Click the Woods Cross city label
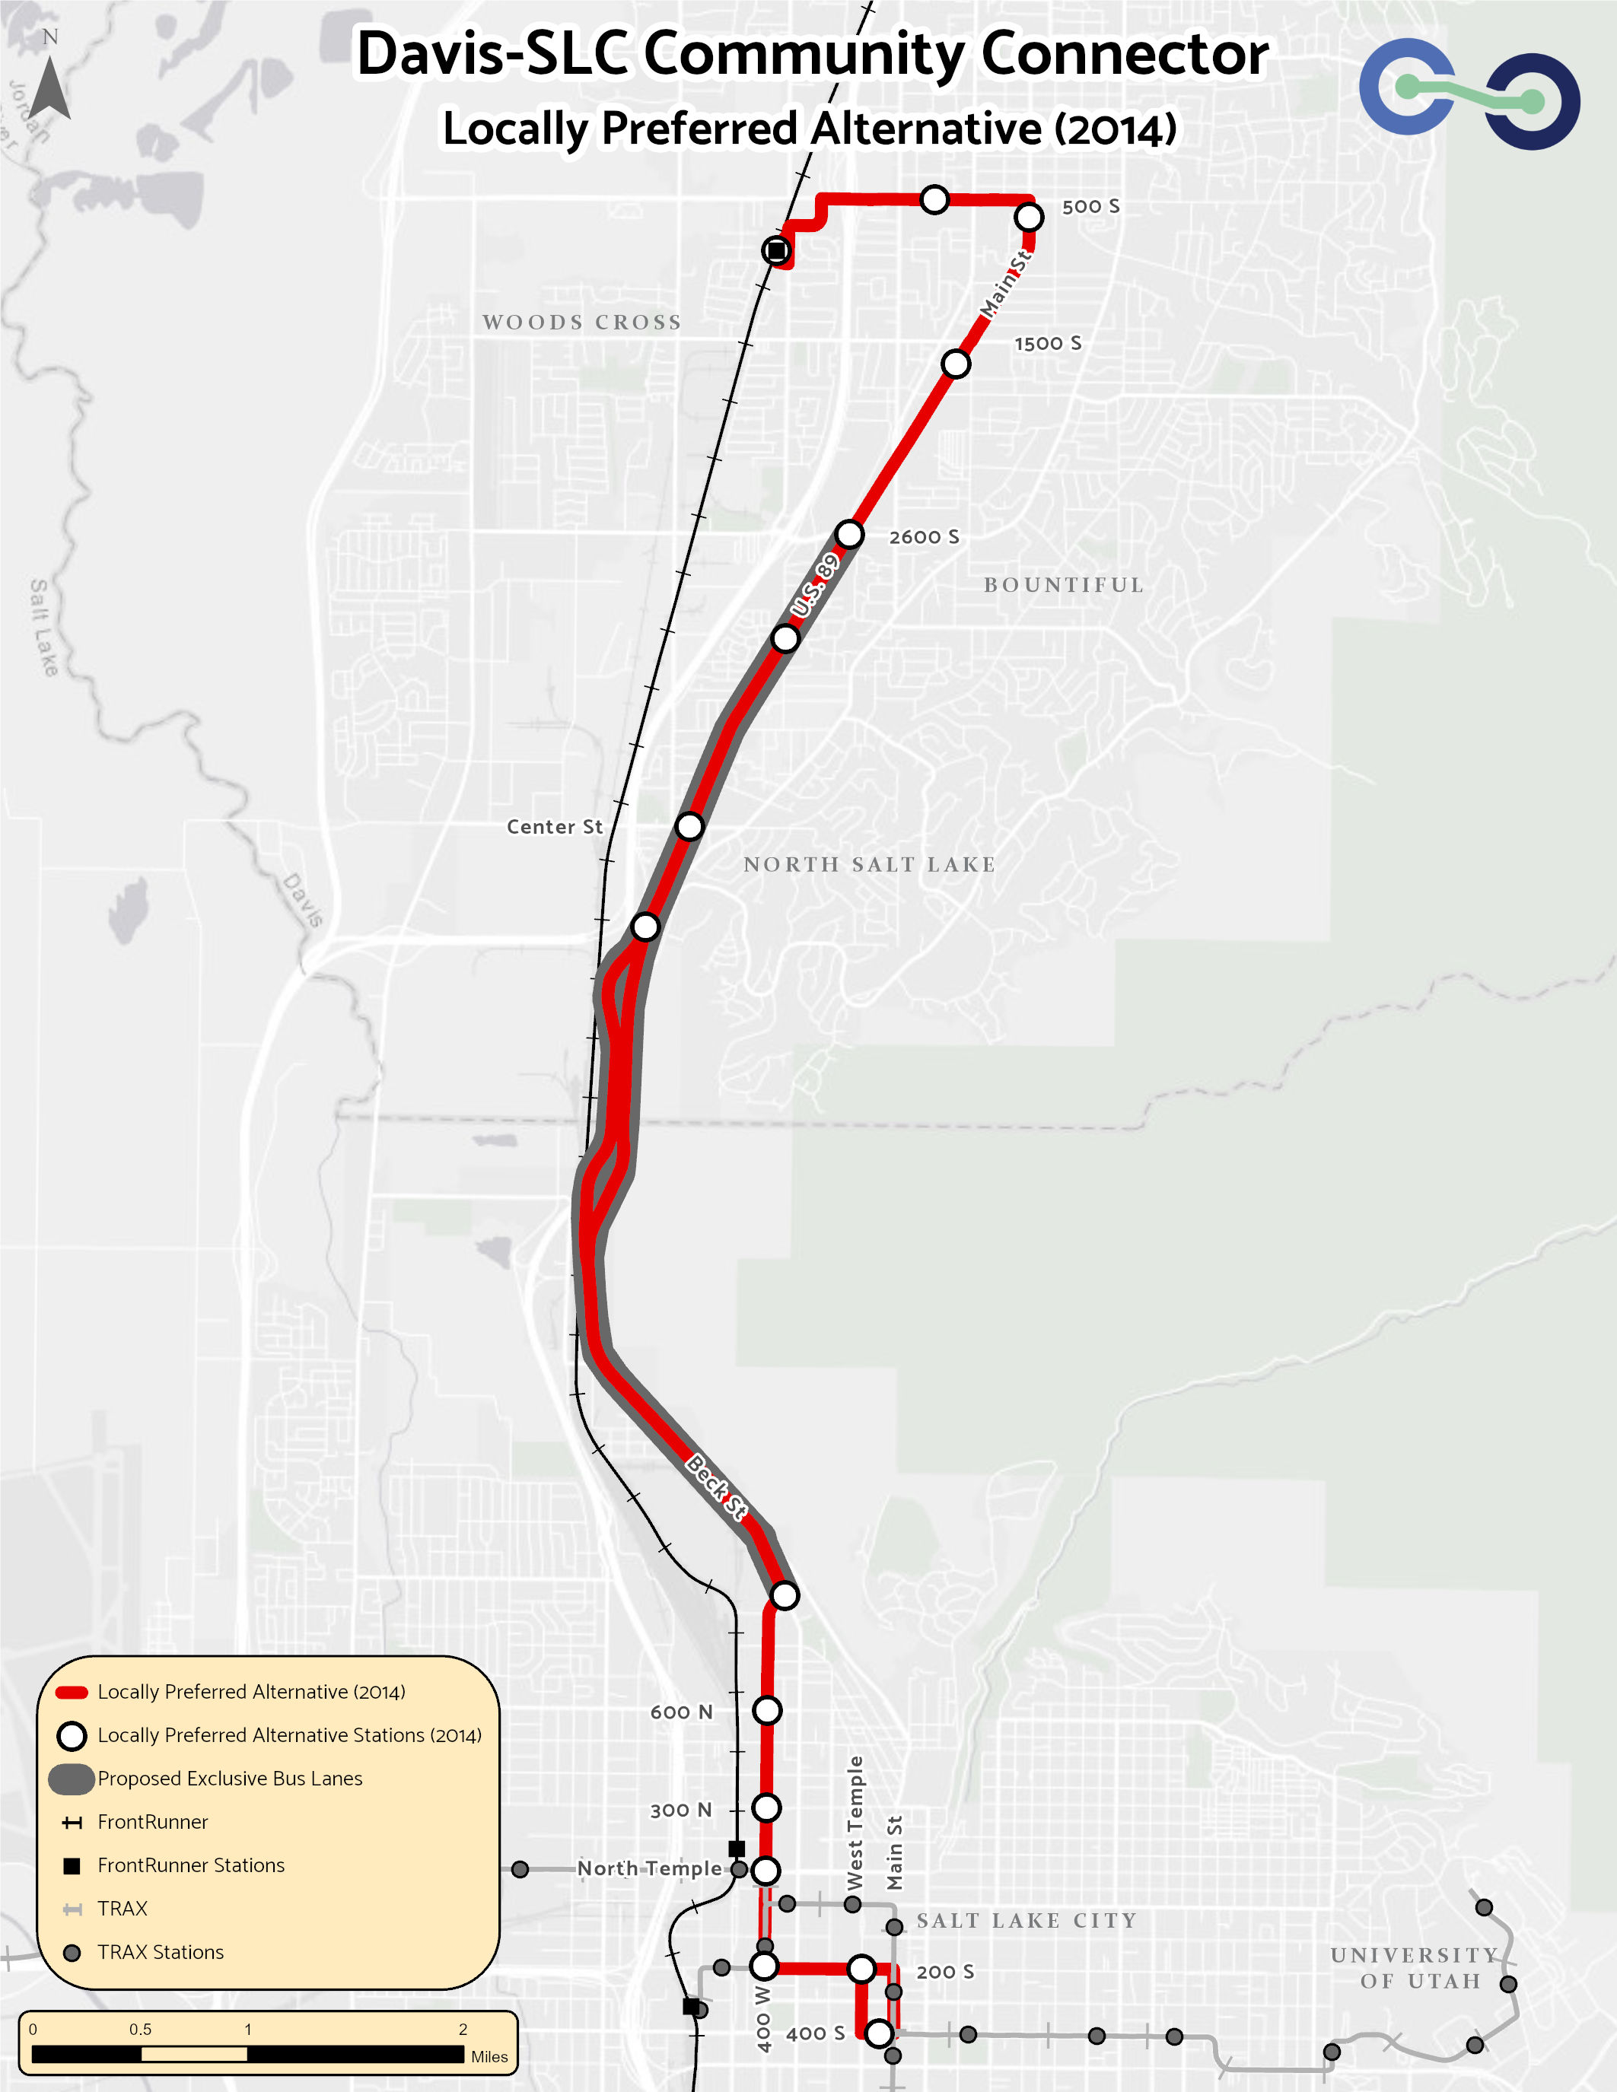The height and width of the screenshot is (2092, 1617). point(581,322)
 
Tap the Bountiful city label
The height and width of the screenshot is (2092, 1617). point(1063,585)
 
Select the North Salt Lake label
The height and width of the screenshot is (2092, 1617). point(869,864)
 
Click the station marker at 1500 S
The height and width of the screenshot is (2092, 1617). point(955,364)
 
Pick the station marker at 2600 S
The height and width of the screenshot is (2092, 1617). point(848,535)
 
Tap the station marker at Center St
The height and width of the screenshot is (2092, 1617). point(689,825)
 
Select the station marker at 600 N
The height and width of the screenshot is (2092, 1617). point(767,1710)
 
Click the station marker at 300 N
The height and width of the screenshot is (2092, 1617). point(766,1807)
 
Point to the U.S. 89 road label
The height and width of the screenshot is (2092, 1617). point(814,585)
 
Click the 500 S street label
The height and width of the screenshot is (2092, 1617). point(1090,207)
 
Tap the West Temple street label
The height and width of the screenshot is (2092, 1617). point(855,1823)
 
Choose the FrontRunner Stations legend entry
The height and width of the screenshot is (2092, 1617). point(191,1865)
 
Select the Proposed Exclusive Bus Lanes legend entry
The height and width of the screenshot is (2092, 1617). point(230,1779)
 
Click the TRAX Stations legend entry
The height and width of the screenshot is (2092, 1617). point(160,1952)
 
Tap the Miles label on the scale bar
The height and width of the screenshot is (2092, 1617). point(489,2056)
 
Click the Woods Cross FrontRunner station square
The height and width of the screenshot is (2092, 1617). point(776,251)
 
